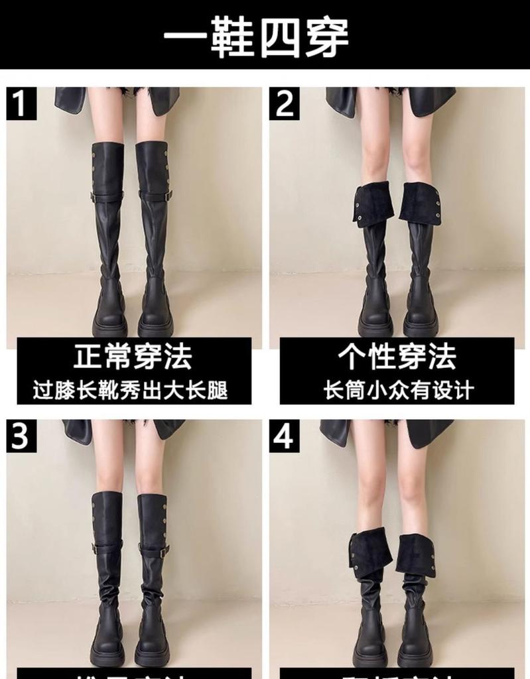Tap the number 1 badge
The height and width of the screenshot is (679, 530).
pyautogui.click(x=21, y=104)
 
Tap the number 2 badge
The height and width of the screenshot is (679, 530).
pyautogui.click(x=285, y=104)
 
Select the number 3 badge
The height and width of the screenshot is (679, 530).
pyautogui.click(x=21, y=436)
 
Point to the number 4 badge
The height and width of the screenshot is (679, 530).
pyautogui.click(x=285, y=436)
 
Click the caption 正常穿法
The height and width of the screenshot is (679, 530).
pyautogui.click(x=133, y=357)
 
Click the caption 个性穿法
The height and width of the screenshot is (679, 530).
pyautogui.click(x=397, y=357)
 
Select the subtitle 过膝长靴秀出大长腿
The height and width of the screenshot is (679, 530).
pyautogui.click(x=131, y=390)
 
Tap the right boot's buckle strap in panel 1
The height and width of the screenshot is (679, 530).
pyautogui.click(x=155, y=196)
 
